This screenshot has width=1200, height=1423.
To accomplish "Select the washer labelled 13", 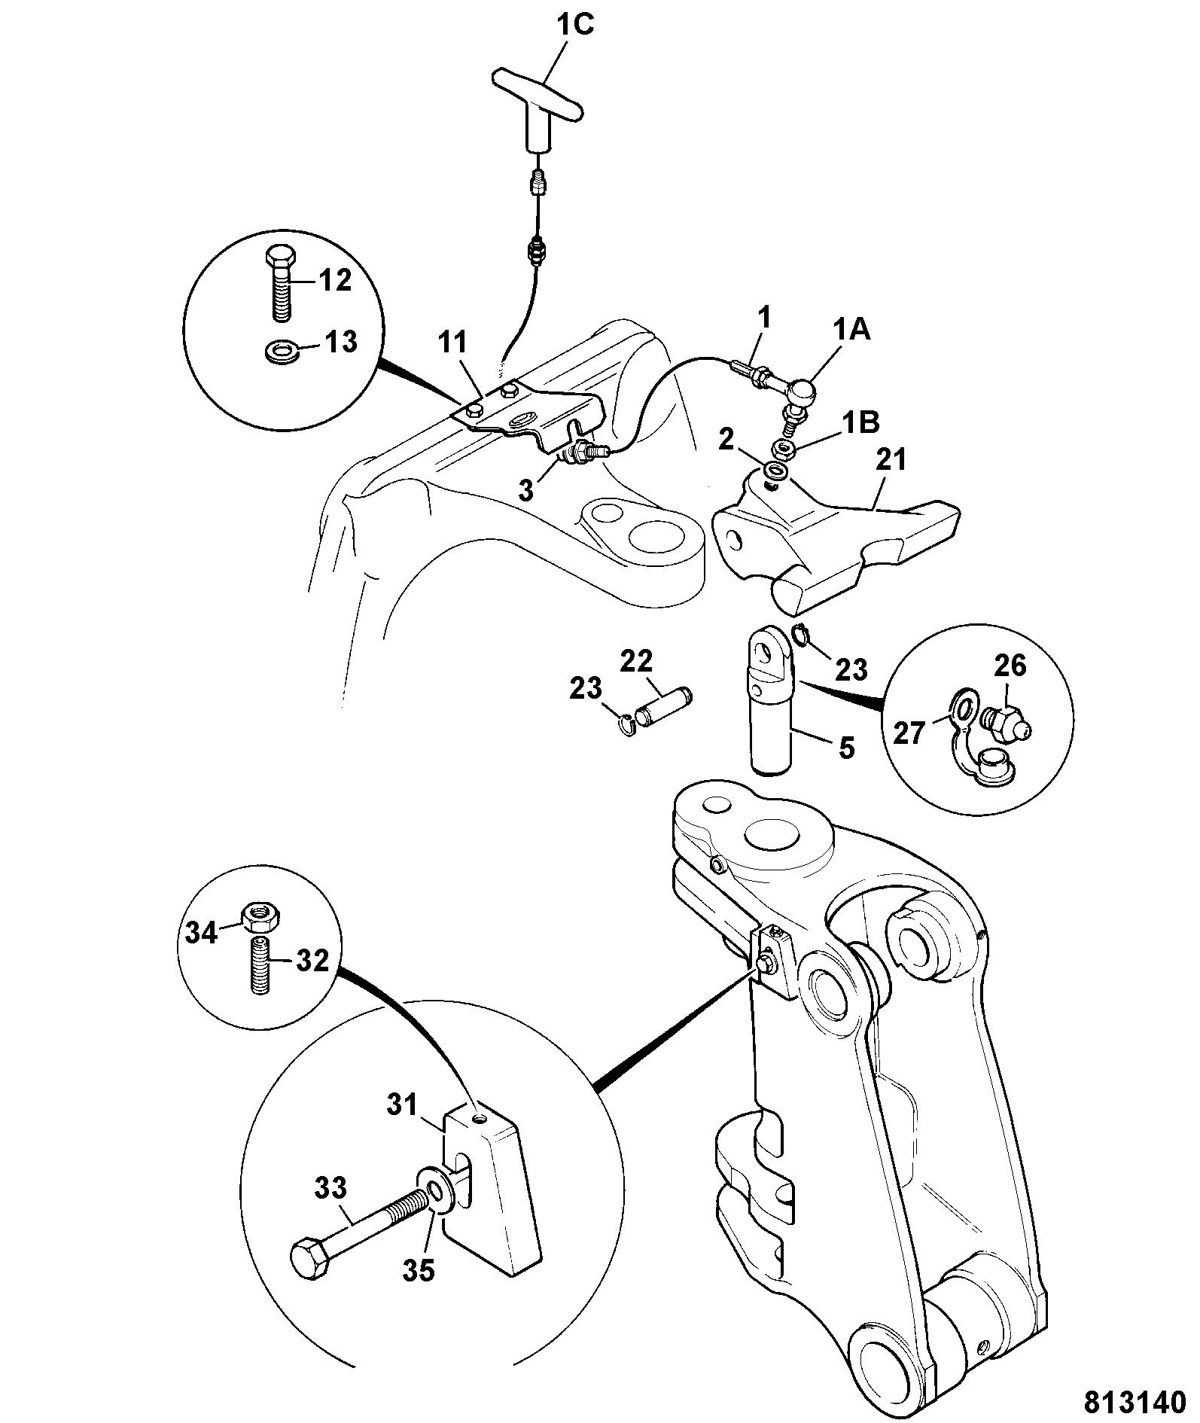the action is point(281,350).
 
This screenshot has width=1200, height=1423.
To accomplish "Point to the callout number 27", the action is point(909,732).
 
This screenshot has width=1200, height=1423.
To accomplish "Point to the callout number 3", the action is point(526,490).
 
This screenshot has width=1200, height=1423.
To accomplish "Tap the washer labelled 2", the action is point(775,473).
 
